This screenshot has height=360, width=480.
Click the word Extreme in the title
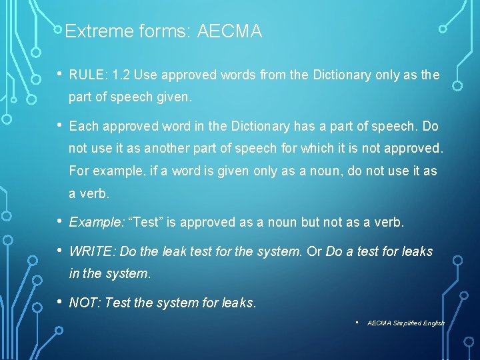coord(91,31)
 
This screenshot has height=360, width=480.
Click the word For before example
coord(79,171)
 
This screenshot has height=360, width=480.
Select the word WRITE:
coord(91,251)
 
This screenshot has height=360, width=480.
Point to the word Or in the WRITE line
coord(313,251)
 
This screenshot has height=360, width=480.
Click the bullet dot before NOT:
coord(59,301)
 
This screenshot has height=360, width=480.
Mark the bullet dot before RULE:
coord(59,75)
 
